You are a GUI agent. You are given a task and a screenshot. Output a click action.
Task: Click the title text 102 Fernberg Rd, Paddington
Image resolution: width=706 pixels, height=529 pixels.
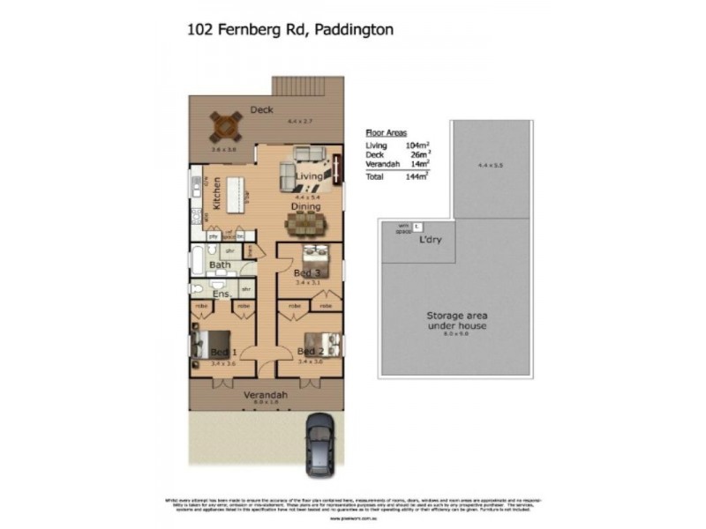coord(289,29)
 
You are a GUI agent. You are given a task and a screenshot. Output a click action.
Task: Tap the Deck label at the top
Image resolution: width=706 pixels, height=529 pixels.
coord(261,110)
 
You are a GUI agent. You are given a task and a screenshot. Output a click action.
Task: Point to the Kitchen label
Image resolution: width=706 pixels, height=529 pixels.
coord(216,193)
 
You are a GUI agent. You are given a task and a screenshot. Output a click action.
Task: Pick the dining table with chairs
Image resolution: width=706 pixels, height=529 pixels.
coord(304,224)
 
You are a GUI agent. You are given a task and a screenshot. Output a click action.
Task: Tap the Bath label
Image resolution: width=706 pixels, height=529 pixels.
coord(220,264)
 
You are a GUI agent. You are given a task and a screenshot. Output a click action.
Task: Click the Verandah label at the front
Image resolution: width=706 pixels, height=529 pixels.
coord(266,395)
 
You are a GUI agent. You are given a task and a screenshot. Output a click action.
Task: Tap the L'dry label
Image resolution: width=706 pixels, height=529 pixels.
coord(432,239)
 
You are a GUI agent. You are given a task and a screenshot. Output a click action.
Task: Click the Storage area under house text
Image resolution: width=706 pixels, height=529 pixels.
coord(457,320)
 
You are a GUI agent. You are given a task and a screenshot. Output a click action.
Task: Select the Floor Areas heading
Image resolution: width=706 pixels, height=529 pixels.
coord(386,130)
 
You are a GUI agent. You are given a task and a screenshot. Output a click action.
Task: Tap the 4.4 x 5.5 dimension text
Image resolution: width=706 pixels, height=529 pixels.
coord(490,165)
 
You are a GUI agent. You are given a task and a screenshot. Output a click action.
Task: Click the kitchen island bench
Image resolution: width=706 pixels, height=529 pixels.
coord(234,193)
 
